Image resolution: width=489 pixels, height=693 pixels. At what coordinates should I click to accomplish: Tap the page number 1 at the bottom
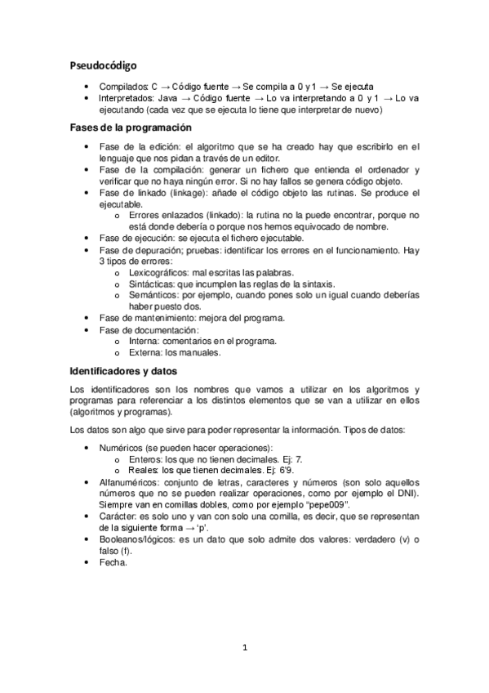coord(244,648)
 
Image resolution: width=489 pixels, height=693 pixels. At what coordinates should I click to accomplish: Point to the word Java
coord(165,97)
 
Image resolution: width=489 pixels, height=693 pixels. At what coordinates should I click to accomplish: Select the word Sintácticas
coord(152,284)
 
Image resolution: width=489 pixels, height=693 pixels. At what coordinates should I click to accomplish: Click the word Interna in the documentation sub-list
coord(144,341)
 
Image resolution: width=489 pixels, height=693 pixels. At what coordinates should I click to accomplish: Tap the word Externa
coord(145,352)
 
